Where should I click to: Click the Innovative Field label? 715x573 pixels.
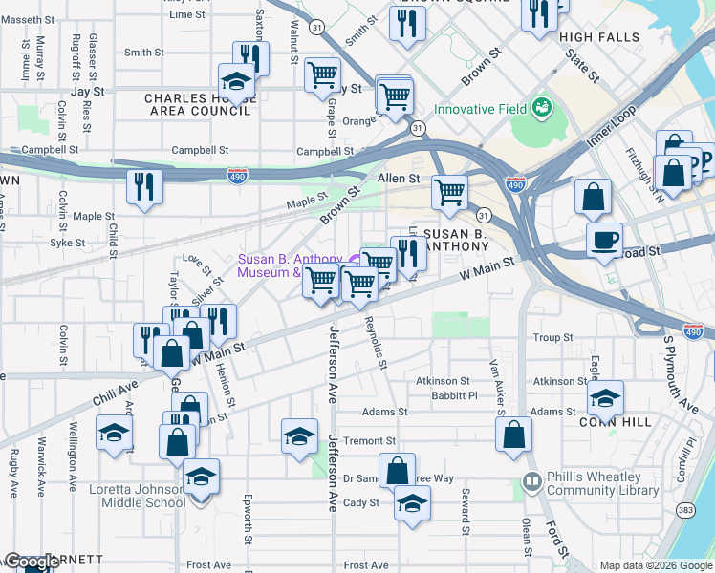(480, 108)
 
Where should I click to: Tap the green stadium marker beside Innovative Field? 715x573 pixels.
(543, 107)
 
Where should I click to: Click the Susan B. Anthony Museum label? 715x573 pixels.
(290, 265)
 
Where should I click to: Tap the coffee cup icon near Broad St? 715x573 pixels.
(603, 240)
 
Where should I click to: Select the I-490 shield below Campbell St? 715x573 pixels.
(238, 176)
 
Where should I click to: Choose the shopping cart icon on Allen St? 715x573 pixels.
(448, 191)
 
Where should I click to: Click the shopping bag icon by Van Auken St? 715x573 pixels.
(513, 434)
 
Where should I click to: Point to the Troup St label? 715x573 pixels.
(552, 338)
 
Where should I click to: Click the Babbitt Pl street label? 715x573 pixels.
(453, 395)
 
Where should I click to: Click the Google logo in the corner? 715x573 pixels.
(32, 562)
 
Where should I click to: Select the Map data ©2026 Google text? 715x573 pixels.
(656, 565)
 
